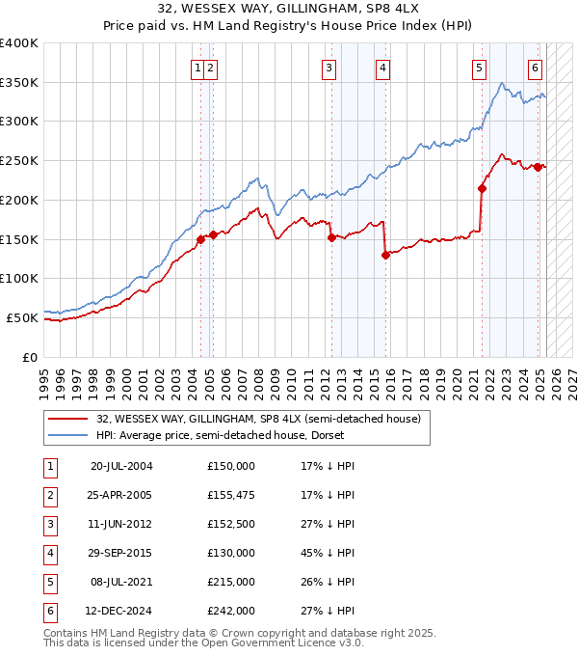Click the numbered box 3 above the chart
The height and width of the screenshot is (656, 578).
329,68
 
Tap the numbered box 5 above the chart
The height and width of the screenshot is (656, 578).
479,68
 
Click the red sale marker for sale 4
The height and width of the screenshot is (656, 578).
385,255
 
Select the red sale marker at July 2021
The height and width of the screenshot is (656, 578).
482,189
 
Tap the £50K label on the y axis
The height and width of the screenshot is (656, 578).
23,317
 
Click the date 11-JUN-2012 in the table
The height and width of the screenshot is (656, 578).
121,524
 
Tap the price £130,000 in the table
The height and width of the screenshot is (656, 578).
231,553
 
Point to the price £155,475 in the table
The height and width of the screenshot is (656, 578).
231,495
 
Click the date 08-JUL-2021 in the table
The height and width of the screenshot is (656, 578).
121,582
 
